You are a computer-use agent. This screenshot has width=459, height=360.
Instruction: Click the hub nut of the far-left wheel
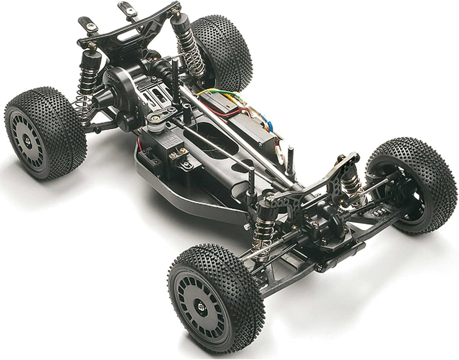28,141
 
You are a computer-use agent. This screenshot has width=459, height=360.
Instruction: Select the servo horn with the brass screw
156,116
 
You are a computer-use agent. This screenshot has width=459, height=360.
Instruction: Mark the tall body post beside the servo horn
176,81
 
